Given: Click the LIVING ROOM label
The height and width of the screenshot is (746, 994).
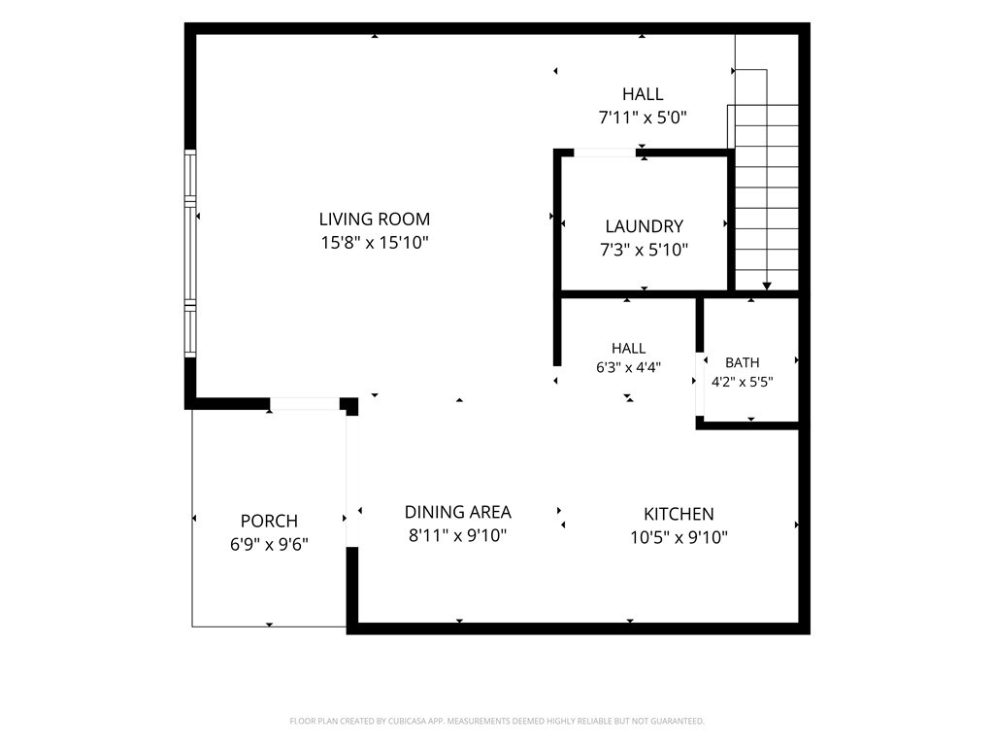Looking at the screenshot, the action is [x=374, y=220].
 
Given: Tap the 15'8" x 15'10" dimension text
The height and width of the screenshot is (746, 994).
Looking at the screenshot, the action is [x=375, y=243].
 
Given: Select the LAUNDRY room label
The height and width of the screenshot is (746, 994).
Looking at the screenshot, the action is [x=645, y=226].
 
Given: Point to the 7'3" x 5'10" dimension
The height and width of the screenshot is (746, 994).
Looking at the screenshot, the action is [x=645, y=250].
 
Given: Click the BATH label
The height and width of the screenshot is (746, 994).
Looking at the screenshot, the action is [x=743, y=363].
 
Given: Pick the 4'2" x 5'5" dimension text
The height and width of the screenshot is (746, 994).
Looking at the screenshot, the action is [x=743, y=382].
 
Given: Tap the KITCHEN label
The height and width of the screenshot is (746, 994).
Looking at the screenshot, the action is [x=679, y=514].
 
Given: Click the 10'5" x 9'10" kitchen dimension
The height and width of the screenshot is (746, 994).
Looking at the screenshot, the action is [x=679, y=538].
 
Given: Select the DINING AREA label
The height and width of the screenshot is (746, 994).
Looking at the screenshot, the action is [x=458, y=512].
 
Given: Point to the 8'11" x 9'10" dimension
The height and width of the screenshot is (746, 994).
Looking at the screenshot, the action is [x=458, y=536].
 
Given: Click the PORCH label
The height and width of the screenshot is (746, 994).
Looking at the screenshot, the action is [x=270, y=521].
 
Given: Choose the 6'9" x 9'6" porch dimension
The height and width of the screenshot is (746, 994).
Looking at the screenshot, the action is [x=270, y=544].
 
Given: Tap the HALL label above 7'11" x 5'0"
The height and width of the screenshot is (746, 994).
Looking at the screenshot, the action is [x=643, y=94].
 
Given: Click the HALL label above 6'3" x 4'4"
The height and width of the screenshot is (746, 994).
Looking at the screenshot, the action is [x=629, y=349].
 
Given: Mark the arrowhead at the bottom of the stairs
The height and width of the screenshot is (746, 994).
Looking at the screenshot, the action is [x=767, y=287].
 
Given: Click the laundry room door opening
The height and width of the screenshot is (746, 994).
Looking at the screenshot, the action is [x=605, y=153].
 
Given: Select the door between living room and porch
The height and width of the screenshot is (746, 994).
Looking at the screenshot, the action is [x=305, y=403].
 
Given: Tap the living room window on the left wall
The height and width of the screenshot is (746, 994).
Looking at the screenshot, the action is [x=190, y=254].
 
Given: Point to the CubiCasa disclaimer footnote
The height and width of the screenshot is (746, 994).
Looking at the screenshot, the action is [x=497, y=722].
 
